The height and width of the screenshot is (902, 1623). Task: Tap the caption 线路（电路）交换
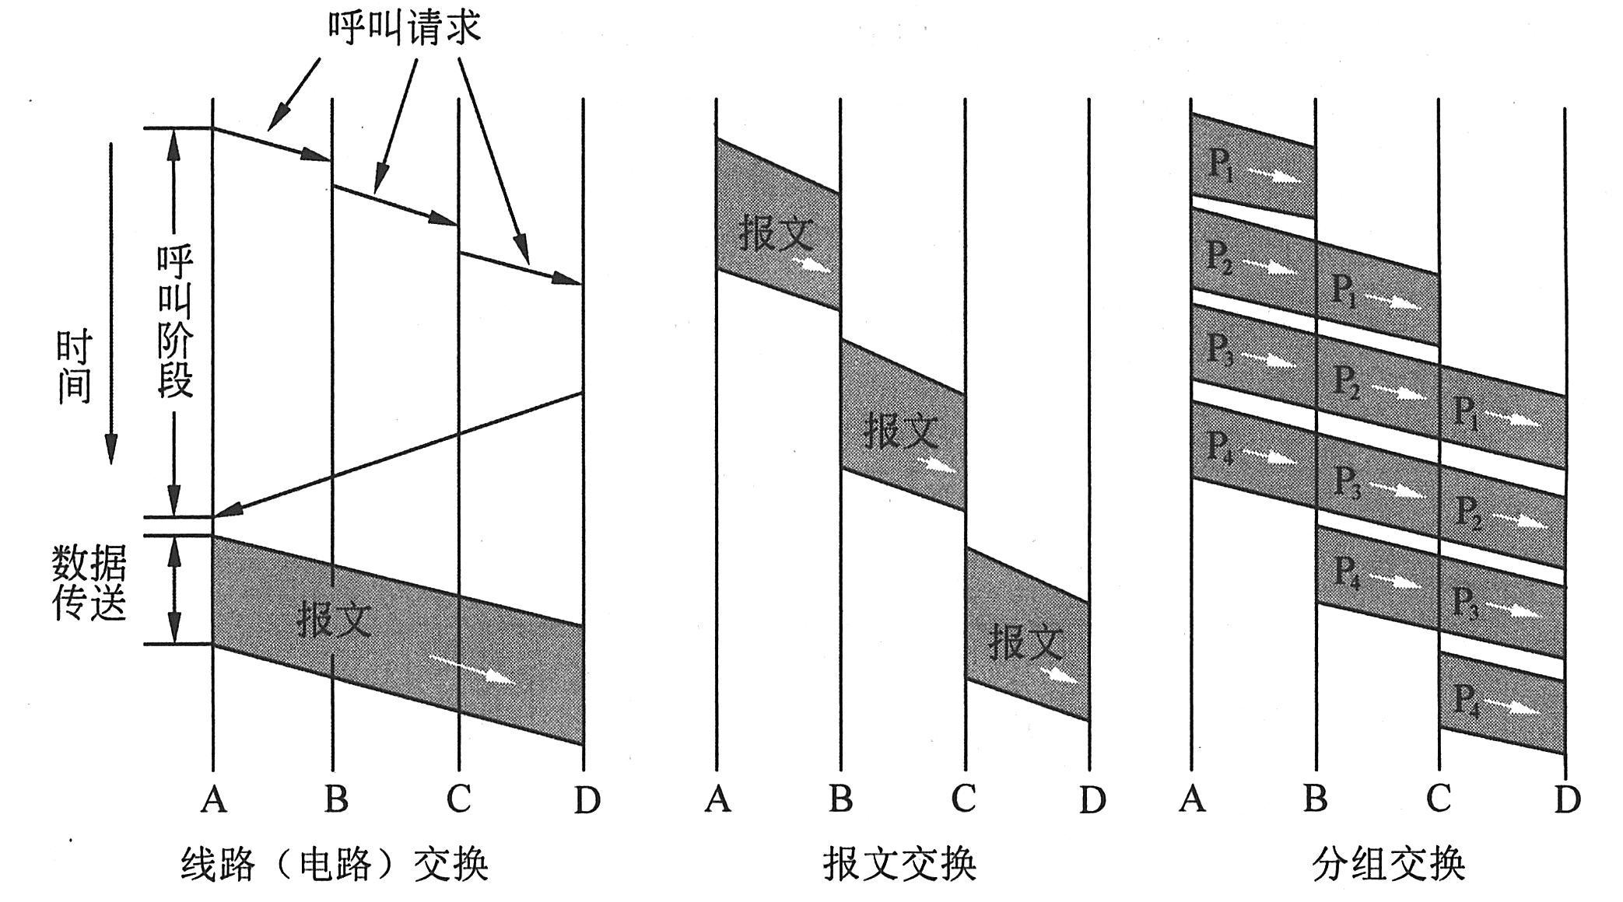point(335,864)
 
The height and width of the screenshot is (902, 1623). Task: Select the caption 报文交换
point(899,864)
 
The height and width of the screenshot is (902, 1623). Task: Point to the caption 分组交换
point(1388,864)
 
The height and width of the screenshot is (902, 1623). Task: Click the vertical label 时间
point(74,367)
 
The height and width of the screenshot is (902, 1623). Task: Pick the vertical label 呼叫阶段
point(175,322)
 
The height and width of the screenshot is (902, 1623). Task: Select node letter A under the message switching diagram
point(717,799)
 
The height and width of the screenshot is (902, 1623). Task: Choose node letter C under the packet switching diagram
point(1439,799)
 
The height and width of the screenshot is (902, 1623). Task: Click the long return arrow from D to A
point(397,456)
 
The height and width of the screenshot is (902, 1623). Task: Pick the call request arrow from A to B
point(272,144)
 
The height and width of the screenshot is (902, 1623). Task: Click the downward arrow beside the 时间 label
point(111,303)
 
